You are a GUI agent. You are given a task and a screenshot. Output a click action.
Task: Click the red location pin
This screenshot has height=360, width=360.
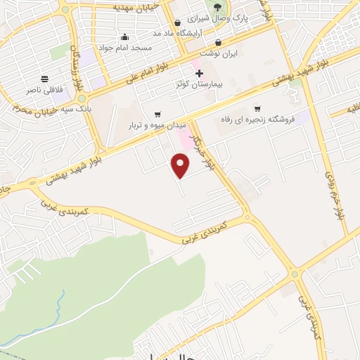(181, 165)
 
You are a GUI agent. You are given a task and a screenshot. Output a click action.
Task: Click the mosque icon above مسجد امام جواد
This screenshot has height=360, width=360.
(125, 37)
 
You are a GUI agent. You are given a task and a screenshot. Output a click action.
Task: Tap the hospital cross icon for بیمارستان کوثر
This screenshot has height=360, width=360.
(199, 72)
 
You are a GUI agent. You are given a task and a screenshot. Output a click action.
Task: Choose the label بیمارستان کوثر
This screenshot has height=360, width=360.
(199, 84)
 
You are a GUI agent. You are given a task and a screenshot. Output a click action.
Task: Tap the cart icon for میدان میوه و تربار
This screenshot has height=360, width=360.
(157, 114)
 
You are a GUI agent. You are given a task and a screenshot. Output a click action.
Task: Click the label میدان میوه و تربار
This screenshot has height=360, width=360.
(157, 125)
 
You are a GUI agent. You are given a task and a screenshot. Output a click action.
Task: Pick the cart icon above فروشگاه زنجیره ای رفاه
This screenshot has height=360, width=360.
(257, 108)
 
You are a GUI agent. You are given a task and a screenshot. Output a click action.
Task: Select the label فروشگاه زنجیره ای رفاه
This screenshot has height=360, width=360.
(257, 119)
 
